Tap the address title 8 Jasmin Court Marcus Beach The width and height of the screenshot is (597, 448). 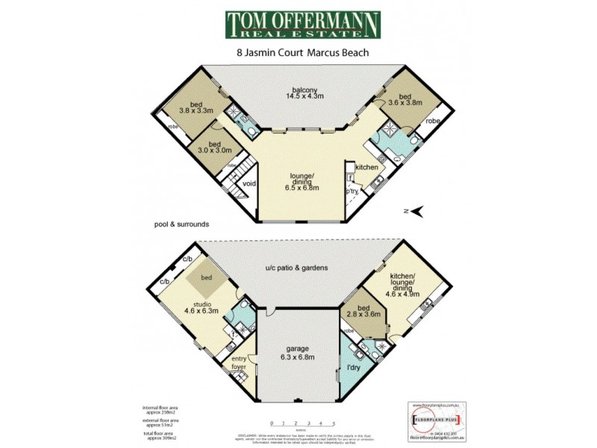pyautogui.click(x=303, y=54)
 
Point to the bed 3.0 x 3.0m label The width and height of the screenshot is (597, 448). pyautogui.click(x=215, y=147)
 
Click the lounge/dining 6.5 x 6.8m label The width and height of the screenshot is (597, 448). pyautogui.click(x=304, y=183)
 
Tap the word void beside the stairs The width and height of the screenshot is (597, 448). pyautogui.click(x=249, y=182)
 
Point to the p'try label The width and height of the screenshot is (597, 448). pyautogui.click(x=351, y=192)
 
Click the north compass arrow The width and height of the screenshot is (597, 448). pyautogui.click(x=416, y=211)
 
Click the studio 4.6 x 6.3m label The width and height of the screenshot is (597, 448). pyautogui.click(x=201, y=308)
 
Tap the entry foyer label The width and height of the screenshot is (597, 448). pyautogui.click(x=238, y=364)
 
